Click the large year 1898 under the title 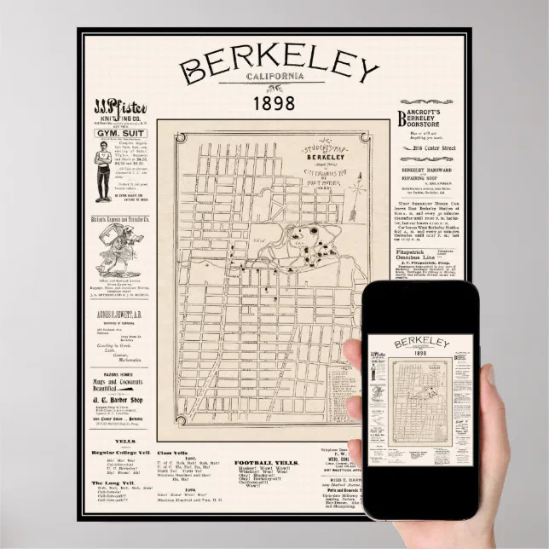(x=274, y=103)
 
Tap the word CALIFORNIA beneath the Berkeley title (x=275, y=77)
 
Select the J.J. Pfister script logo (x=120, y=109)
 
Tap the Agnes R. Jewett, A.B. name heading (x=120, y=313)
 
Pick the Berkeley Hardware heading (x=431, y=170)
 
